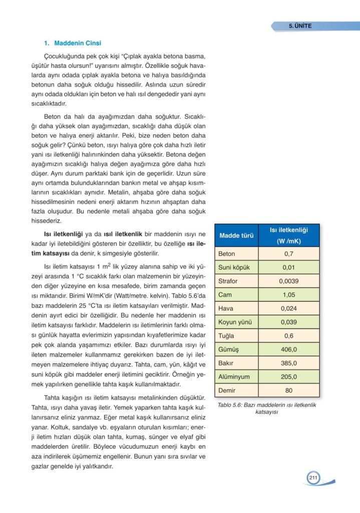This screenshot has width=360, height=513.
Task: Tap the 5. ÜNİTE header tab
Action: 300,26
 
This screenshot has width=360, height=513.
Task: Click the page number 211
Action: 313,478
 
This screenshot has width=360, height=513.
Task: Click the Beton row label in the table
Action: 227,254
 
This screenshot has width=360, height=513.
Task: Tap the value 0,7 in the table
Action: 288,254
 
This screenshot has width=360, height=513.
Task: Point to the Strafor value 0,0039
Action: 288,281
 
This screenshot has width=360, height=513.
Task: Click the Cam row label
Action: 225,295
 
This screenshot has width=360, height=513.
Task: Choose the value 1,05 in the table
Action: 288,295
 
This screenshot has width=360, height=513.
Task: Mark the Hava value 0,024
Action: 288,308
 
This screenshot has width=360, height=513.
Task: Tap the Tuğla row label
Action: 227,336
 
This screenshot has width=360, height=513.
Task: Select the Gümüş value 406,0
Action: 288,349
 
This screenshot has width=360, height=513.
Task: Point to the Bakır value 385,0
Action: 288,363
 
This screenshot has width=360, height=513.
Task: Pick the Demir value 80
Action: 288,390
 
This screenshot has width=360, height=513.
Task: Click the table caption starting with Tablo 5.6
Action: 267,408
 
